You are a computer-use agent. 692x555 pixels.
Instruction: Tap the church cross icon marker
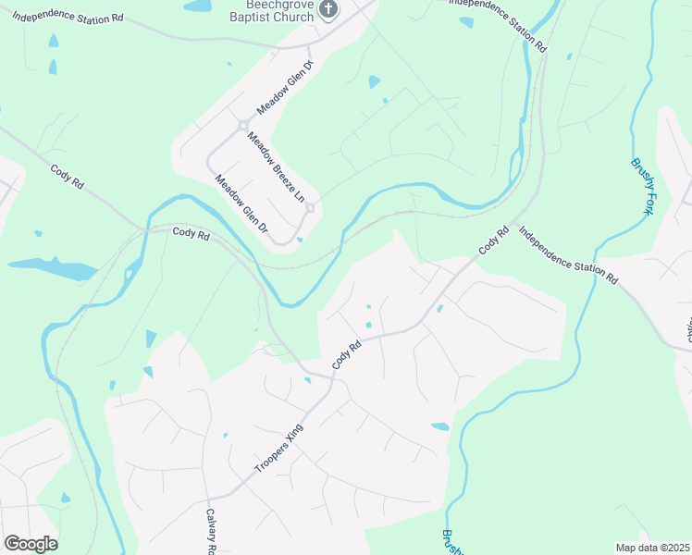[x=328, y=9]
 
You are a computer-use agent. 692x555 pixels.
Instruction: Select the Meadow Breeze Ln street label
[x=275, y=167]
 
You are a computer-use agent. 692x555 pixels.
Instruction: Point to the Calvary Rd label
[x=211, y=533]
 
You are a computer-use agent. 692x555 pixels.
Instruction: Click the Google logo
[x=31, y=543]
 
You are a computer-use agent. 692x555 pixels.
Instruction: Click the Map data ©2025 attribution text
[x=652, y=548]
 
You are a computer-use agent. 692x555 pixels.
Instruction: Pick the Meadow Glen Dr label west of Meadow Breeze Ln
[x=241, y=203]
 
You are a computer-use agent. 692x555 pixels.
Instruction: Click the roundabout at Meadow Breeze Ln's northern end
[x=243, y=125]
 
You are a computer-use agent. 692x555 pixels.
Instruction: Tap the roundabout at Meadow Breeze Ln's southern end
[x=311, y=207]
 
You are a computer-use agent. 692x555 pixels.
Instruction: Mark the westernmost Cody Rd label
[x=68, y=177]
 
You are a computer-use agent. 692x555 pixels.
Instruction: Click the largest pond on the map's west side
[x=54, y=267]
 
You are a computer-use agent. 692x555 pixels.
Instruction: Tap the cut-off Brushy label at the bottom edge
[x=451, y=541]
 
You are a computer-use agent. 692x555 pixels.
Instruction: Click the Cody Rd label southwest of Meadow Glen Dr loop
[x=191, y=235]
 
